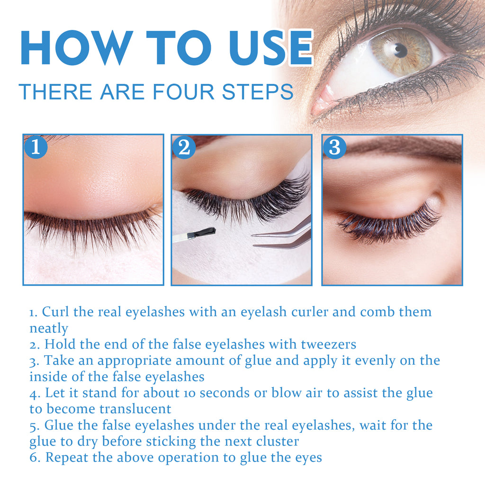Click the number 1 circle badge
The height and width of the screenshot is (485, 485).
pyautogui.click(x=36, y=147)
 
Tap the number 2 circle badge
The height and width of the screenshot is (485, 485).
pyautogui.click(x=184, y=147)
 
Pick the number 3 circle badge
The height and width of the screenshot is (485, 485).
pyautogui.click(x=334, y=147)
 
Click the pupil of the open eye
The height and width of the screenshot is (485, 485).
pyautogui.click(x=401, y=49)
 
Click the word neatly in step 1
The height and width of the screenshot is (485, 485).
pyautogui.click(x=49, y=328)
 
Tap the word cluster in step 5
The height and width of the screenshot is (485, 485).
pyautogui.click(x=278, y=441)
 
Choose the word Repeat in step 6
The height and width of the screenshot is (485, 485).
pyautogui.click(x=63, y=458)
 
